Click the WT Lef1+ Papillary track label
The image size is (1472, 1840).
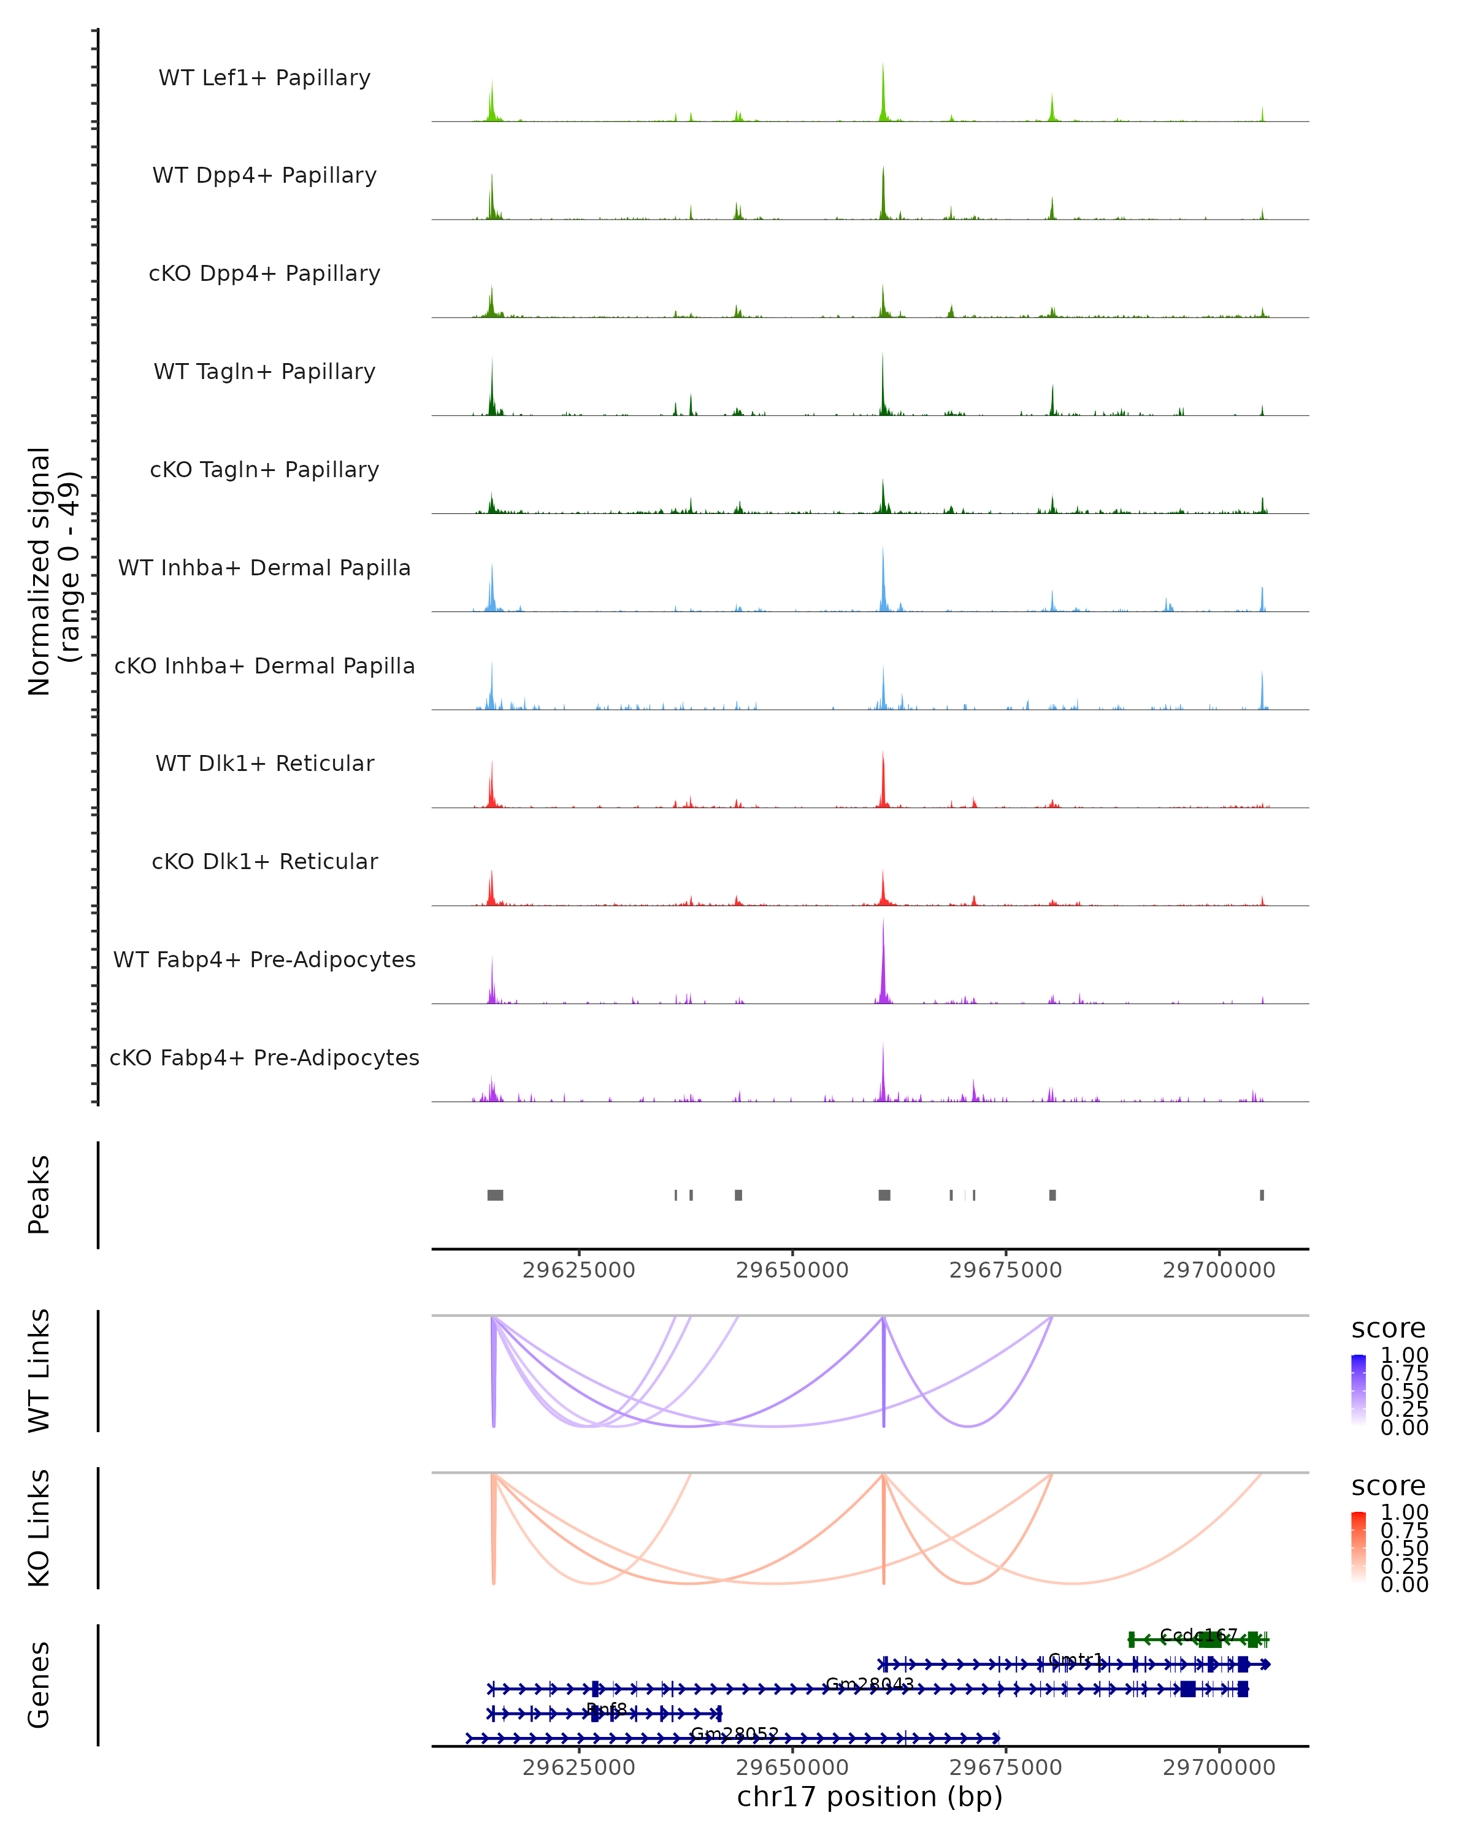coord(264,78)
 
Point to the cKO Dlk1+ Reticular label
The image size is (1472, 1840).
coord(264,861)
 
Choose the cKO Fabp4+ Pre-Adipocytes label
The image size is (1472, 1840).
coord(264,1057)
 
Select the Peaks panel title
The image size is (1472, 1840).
coord(39,1194)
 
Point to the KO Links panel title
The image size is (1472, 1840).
coord(39,1528)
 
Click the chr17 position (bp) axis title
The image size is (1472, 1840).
coord(870,1796)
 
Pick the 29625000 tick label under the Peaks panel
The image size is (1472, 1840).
coord(578,1270)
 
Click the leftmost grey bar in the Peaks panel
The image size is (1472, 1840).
coord(495,1195)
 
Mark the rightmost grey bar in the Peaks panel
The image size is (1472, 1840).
coord(1262,1195)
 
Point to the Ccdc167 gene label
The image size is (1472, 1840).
coord(1198,1635)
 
